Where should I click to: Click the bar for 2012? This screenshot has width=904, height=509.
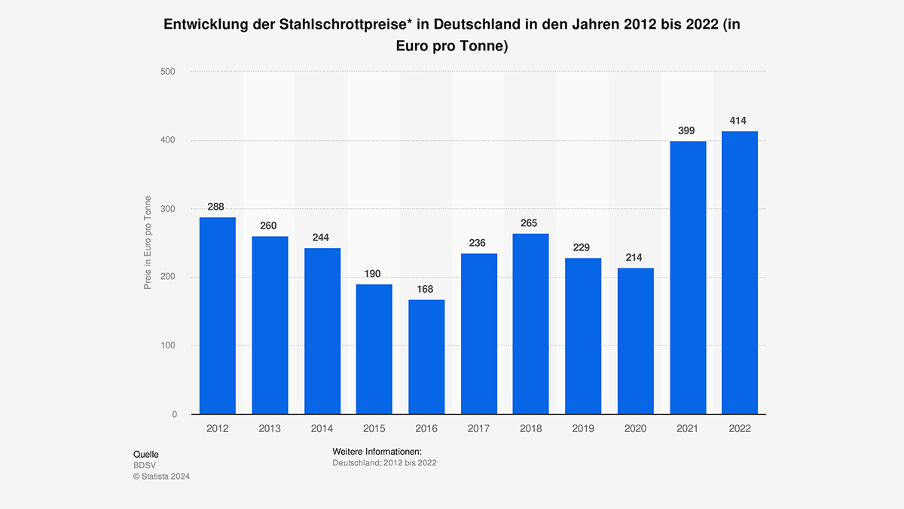point(217,316)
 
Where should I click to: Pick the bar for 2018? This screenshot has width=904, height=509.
point(531,323)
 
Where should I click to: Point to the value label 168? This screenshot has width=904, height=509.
point(426,290)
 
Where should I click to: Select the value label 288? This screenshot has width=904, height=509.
point(217,207)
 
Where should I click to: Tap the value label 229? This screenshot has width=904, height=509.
point(582,247)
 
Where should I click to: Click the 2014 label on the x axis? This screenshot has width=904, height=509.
point(322,428)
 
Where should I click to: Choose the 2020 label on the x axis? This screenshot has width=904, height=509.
point(635,428)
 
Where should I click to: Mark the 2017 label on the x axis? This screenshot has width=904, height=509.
point(478,428)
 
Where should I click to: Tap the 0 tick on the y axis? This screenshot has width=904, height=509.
point(174,414)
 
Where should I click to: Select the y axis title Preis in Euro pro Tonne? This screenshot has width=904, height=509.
point(148,242)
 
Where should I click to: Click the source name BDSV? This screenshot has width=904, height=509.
point(145,465)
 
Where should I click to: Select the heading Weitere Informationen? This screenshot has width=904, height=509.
point(377,451)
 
